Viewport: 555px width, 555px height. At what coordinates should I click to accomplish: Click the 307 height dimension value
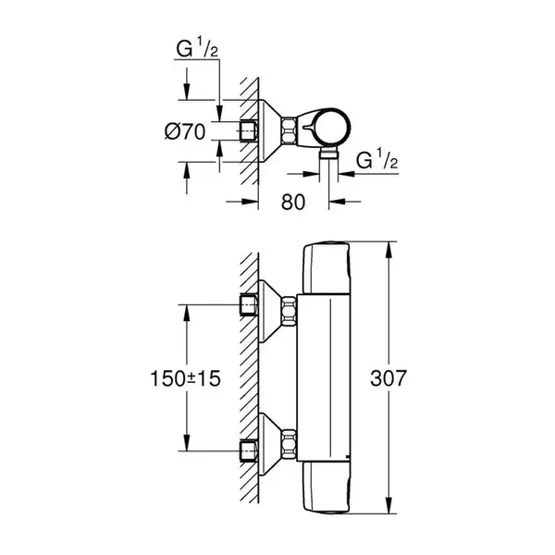(x=388, y=378)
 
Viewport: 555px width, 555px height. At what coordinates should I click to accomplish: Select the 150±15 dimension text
(x=186, y=378)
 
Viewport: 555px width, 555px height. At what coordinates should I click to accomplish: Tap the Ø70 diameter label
(x=185, y=131)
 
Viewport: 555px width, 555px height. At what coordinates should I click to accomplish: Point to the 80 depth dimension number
(x=292, y=202)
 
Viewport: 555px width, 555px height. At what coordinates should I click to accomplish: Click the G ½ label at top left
(x=197, y=48)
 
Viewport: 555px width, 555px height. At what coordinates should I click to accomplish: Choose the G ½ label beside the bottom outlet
(x=377, y=159)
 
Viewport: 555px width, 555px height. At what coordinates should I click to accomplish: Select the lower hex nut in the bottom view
(x=289, y=443)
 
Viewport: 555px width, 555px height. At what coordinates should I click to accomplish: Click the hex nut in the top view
(x=289, y=131)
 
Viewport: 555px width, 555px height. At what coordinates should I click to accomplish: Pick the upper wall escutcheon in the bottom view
(x=270, y=311)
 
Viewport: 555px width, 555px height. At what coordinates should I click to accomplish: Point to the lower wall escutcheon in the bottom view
(x=270, y=444)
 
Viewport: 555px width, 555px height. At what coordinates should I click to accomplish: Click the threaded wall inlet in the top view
(x=249, y=131)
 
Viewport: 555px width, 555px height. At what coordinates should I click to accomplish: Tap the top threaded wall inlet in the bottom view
(x=249, y=304)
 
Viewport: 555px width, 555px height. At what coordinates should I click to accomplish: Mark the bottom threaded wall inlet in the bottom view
(x=249, y=451)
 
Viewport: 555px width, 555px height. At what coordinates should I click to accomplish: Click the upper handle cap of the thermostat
(x=327, y=268)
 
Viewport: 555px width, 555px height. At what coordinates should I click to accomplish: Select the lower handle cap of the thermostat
(x=327, y=487)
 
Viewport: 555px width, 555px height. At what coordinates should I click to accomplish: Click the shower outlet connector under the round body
(x=328, y=154)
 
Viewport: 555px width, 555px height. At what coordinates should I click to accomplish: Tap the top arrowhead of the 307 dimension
(x=388, y=251)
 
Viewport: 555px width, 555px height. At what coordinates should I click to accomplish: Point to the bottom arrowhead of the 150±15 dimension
(x=187, y=442)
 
